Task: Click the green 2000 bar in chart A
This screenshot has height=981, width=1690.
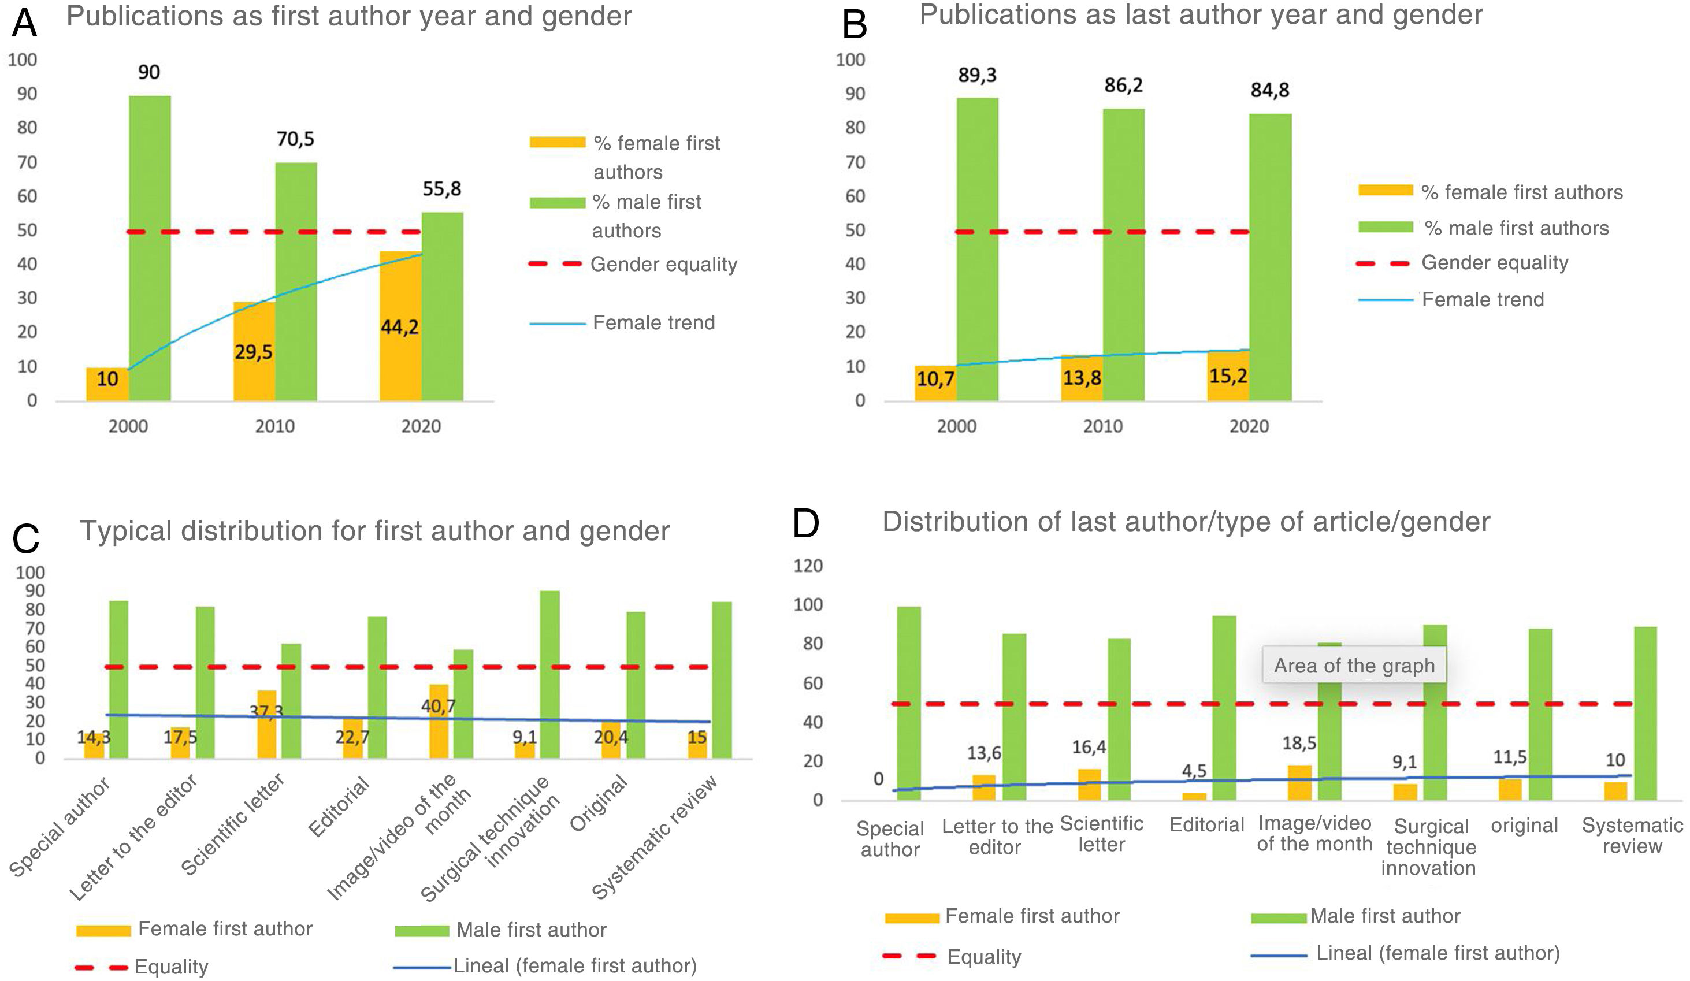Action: pyautogui.click(x=150, y=248)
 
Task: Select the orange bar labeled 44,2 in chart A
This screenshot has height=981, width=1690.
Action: pyautogui.click(x=400, y=326)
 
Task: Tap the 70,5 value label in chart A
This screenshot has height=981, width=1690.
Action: pyautogui.click(x=295, y=139)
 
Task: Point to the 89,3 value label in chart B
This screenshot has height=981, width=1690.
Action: pyautogui.click(x=977, y=75)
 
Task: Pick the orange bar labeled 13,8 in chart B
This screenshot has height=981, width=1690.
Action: pyautogui.click(x=1081, y=377)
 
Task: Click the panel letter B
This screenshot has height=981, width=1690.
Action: pyautogui.click(x=855, y=24)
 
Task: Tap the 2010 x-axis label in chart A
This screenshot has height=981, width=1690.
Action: pyautogui.click(x=274, y=426)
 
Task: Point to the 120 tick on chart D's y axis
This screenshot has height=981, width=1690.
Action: pyautogui.click(x=808, y=566)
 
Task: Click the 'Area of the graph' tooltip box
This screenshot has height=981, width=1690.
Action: pyautogui.click(x=1353, y=665)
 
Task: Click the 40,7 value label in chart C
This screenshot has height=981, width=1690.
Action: pyautogui.click(x=438, y=706)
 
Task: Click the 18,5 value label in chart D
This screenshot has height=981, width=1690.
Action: pyautogui.click(x=1299, y=743)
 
